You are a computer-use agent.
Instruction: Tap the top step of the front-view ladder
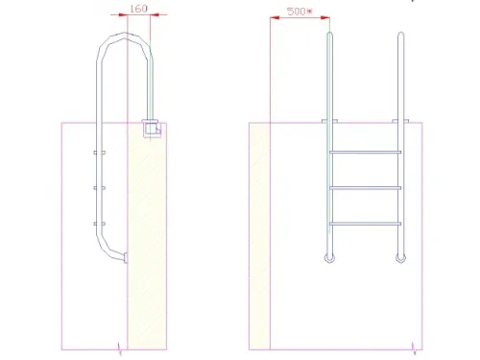coord(366,153)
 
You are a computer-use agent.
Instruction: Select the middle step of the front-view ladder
coord(366,188)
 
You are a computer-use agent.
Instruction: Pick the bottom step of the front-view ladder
coord(366,224)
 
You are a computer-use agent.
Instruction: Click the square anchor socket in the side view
coord(149,127)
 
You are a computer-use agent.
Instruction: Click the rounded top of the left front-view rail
coord(330,36)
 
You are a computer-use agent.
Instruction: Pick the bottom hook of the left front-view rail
coord(330,257)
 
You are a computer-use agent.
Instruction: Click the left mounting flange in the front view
coord(330,121)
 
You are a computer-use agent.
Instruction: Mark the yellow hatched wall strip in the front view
coord(260,235)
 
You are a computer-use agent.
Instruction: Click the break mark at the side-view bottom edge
coord(117,348)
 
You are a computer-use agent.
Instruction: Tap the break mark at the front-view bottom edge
coord(414,348)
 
